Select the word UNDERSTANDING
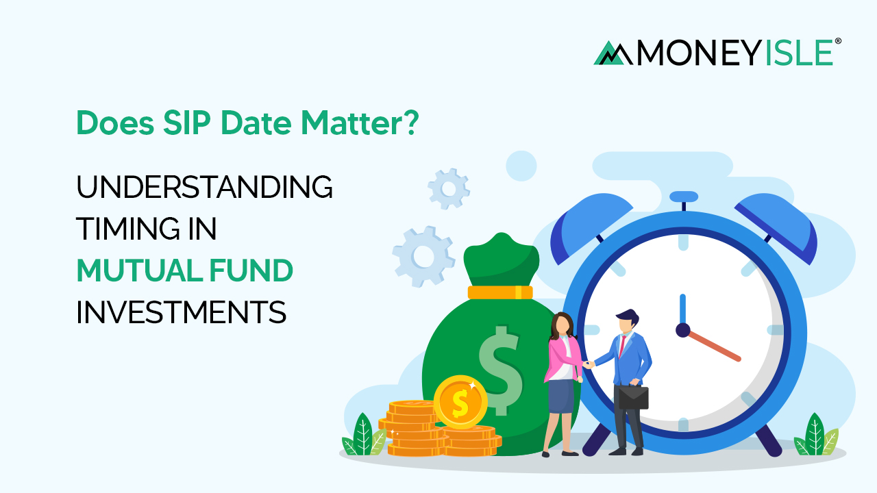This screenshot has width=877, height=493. click(204, 188)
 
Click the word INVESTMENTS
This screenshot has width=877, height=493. click(181, 313)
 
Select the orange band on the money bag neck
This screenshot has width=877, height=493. click(500, 292)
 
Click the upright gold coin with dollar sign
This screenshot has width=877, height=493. click(460, 402)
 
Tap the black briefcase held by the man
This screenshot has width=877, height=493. click(632, 397)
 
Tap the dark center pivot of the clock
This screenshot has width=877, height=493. click(682, 330)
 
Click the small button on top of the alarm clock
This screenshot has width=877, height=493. click(683, 197)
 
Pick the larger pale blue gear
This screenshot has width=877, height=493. click(423, 257)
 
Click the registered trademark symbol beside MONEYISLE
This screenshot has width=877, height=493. click(838, 42)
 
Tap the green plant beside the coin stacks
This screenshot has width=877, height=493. click(361, 437)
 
